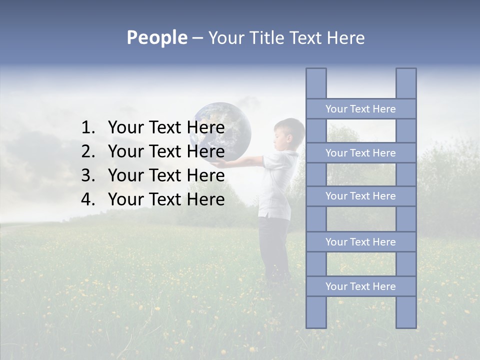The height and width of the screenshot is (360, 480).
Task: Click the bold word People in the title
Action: pos(156,37)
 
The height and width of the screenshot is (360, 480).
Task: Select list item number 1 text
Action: pos(166,128)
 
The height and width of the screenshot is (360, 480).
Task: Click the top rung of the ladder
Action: pos(360,109)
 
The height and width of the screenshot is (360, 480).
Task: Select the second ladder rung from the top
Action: pos(360,153)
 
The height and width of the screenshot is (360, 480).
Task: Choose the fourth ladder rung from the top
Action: pos(360,242)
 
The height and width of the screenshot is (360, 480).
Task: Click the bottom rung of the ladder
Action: pos(360,286)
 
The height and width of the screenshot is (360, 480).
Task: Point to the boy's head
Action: pos(290,132)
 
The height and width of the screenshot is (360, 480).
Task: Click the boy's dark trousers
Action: pos(275,245)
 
